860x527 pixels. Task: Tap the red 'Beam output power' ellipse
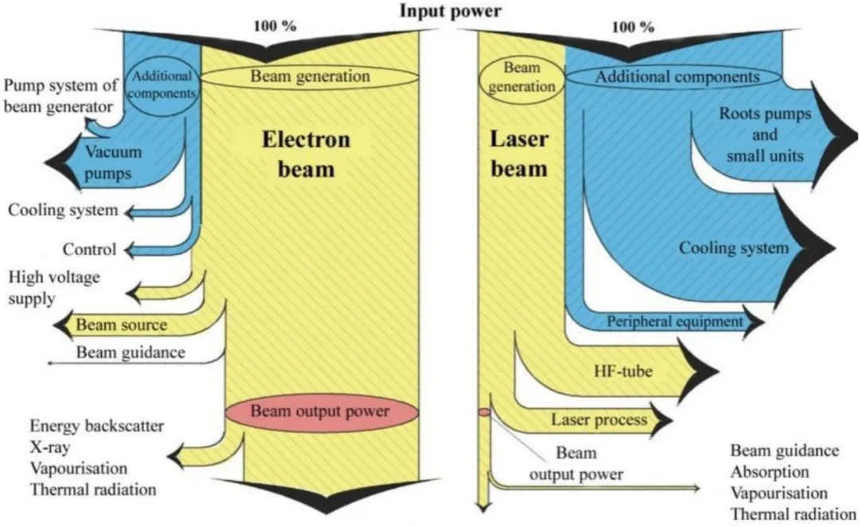coord(320,412)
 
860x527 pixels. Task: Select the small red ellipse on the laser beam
coord(483,412)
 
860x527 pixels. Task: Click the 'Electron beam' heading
coord(306,154)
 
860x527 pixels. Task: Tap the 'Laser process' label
coord(598,417)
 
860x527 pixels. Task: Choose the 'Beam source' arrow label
coord(122,325)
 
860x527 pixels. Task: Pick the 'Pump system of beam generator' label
coord(56,96)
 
